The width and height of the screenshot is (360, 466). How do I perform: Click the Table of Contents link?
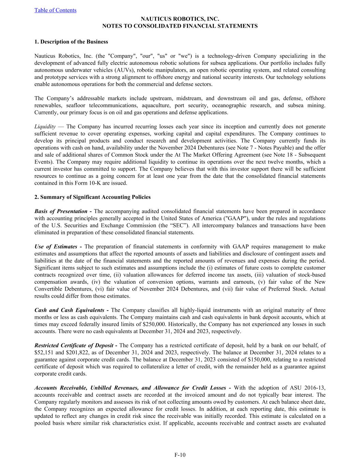(x=55, y=10)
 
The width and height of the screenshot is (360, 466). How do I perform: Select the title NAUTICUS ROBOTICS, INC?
(x=180, y=19)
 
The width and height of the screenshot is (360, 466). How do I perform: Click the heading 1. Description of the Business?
(x=71, y=42)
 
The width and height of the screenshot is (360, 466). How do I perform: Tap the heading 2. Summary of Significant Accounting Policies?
(x=92, y=197)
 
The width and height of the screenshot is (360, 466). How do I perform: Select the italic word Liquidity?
(x=45, y=127)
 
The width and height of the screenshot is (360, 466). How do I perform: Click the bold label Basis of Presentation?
(x=61, y=211)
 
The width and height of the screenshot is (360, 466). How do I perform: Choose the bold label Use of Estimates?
(x=56, y=246)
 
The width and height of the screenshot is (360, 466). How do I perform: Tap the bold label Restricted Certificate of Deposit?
(x=74, y=345)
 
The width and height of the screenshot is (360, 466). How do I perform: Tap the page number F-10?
(x=180, y=455)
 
